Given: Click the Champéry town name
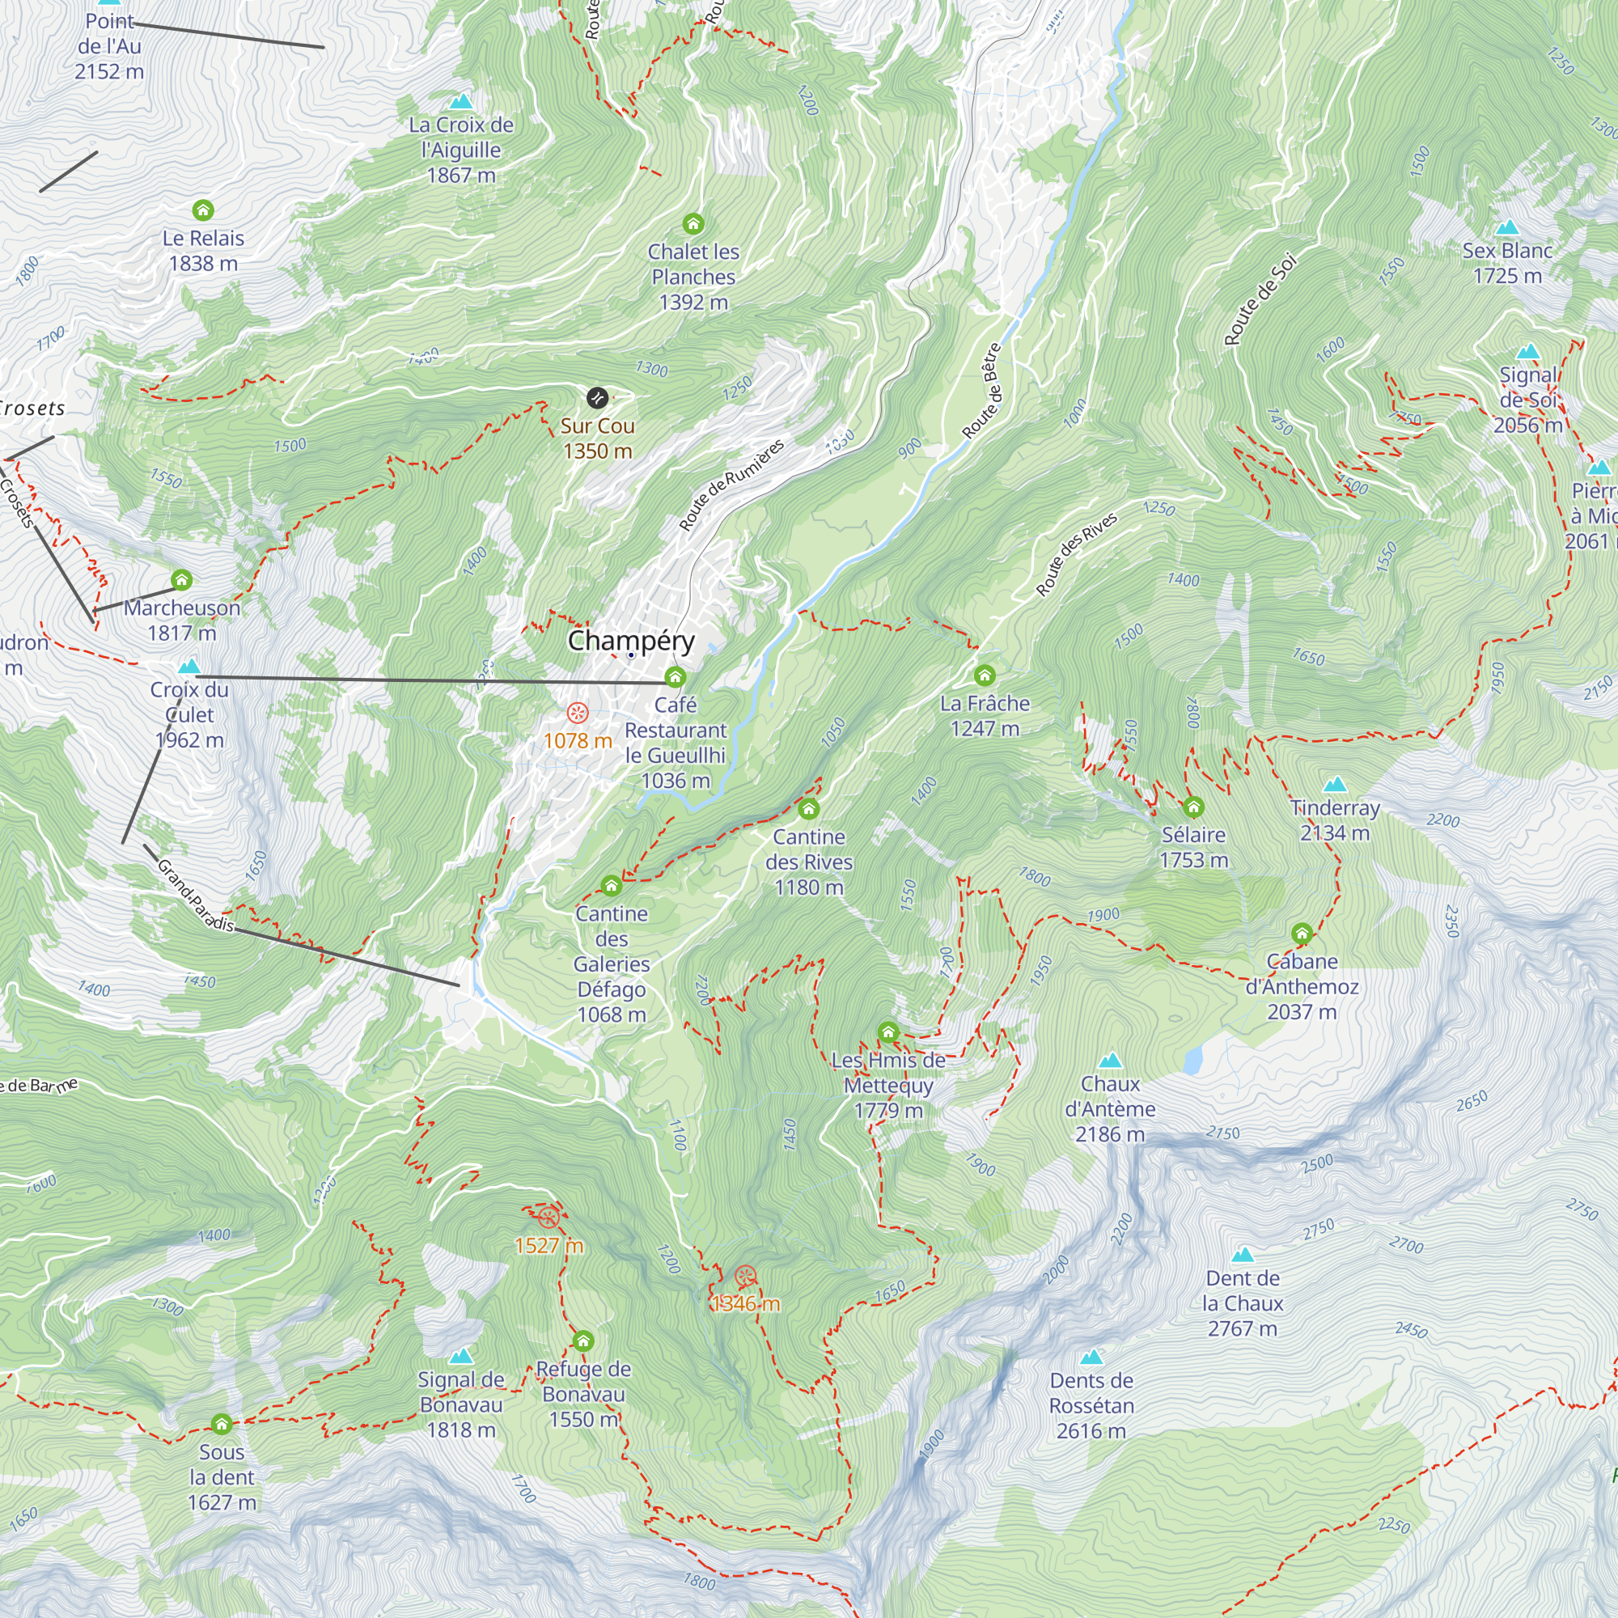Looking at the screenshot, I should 631,641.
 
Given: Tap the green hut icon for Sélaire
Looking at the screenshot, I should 1193,807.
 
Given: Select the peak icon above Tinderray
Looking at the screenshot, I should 1335,785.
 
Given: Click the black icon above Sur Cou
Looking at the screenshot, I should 596,398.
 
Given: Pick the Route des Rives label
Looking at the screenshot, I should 1076,554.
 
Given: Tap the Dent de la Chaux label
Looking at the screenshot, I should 1242,1303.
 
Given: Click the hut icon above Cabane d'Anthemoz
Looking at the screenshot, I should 1302,933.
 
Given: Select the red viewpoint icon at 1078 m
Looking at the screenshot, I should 577,713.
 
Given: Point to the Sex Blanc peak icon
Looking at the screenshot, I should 1506,227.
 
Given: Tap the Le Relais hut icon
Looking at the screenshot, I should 203,210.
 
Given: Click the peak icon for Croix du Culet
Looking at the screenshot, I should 189,667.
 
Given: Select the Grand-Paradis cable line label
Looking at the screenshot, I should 195,896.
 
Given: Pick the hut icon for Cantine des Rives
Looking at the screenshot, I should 808,809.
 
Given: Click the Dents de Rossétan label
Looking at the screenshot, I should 1091,1405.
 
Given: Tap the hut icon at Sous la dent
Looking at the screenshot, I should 221,1424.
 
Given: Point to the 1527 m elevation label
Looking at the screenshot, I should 549,1245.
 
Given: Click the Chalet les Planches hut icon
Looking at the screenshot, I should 693,223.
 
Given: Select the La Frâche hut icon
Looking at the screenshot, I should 984,675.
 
